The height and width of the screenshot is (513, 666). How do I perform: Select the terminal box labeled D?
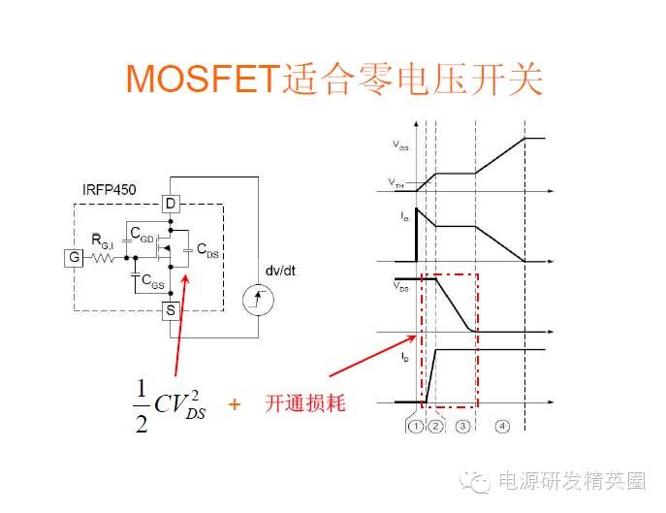(171, 204)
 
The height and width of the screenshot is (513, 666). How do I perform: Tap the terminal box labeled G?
(74, 257)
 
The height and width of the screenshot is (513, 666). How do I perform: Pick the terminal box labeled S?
(171, 310)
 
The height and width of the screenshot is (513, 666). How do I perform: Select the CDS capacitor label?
(207, 249)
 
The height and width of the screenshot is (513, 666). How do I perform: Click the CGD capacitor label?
(143, 239)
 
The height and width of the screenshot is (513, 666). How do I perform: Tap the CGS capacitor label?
(151, 281)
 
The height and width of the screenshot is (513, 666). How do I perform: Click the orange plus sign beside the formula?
(234, 404)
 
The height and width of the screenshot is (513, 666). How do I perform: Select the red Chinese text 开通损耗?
(304, 404)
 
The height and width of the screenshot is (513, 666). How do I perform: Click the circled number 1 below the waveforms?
(415, 425)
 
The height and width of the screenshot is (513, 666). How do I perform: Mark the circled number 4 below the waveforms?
(501, 425)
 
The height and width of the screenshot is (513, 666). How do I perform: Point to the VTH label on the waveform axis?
(398, 181)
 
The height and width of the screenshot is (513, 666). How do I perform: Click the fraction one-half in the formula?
(142, 405)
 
